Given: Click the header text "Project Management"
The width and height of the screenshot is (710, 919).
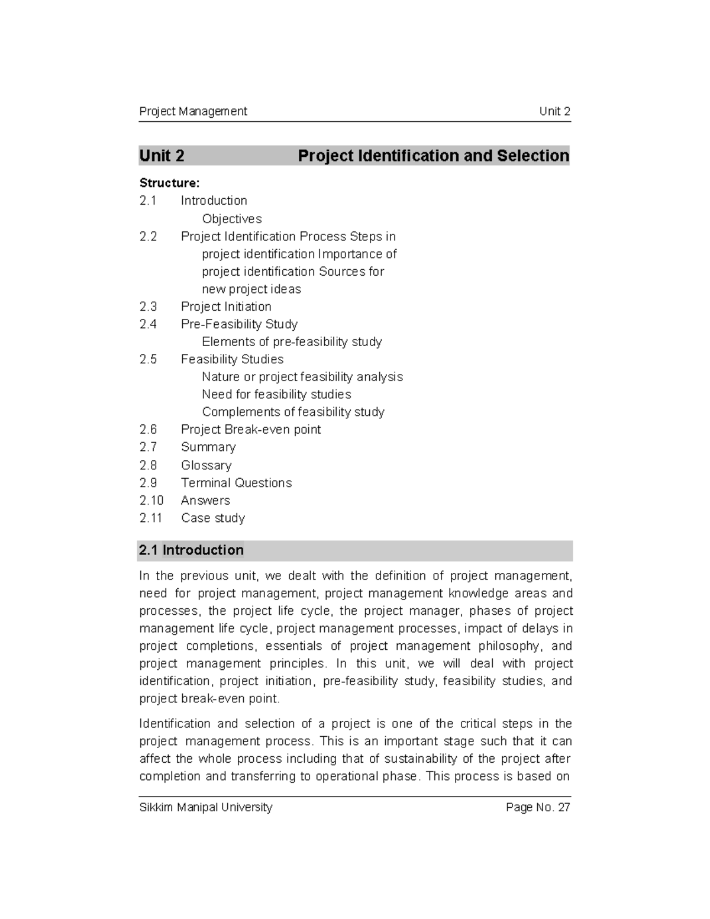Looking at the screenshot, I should [x=193, y=111].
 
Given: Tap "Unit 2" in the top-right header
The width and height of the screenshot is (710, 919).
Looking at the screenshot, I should [x=554, y=111].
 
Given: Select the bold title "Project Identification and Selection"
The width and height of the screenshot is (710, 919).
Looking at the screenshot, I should [x=433, y=156].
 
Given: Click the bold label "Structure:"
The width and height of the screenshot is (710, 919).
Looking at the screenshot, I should [x=169, y=183].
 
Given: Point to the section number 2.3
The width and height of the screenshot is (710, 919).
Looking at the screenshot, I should [x=148, y=307].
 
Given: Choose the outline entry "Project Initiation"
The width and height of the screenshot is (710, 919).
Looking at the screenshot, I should [x=226, y=307].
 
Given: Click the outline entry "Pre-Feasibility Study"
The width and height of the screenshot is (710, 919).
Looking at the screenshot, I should [x=239, y=324].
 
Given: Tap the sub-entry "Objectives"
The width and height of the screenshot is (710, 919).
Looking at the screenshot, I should [x=232, y=219].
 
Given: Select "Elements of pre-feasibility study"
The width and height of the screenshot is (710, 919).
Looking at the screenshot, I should [x=292, y=342].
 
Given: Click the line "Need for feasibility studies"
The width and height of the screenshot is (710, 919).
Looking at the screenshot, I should [x=276, y=395].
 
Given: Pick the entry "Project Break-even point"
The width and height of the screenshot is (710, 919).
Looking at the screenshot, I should [x=251, y=430].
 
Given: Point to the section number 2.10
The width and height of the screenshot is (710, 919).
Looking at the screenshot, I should [x=151, y=501].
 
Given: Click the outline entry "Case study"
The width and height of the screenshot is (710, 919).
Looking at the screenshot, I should [x=213, y=518].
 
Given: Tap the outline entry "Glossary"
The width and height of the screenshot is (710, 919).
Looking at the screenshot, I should [x=206, y=466].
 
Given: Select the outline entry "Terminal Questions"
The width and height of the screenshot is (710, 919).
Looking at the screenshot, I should [x=236, y=483].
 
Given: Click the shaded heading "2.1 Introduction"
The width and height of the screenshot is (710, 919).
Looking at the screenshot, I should [x=191, y=550].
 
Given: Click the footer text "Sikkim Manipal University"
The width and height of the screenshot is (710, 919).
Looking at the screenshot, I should [x=205, y=807].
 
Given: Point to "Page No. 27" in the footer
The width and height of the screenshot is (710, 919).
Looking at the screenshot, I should [x=538, y=807].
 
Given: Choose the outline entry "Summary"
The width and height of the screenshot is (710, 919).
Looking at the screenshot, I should [x=208, y=447].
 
